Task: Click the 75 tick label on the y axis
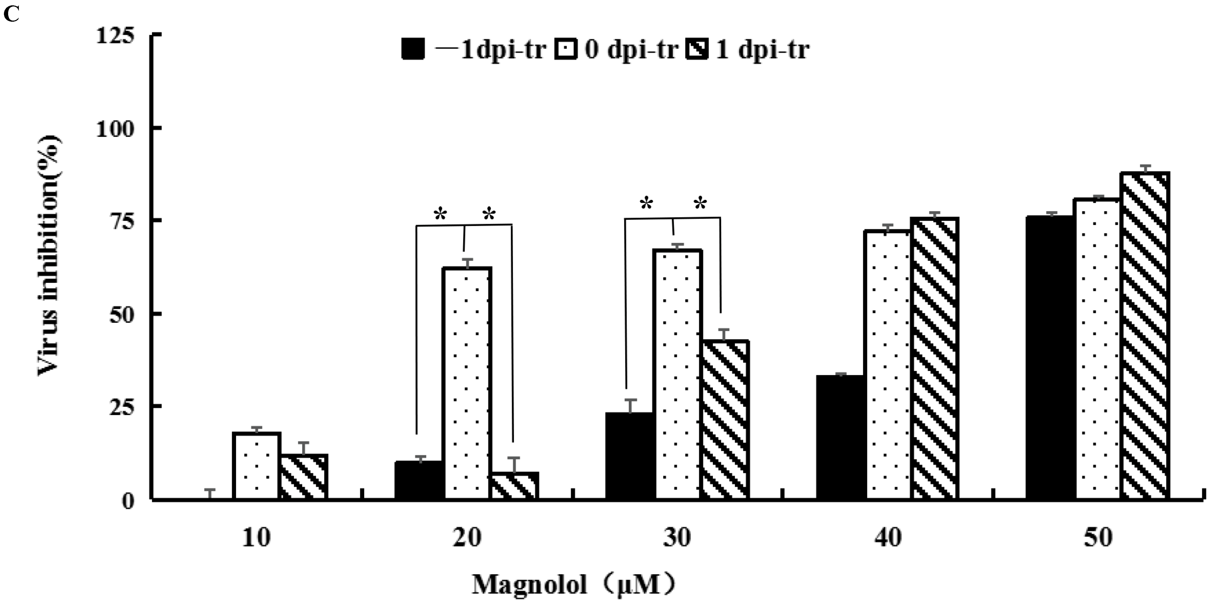coord(121,221)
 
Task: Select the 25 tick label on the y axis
coord(121,407)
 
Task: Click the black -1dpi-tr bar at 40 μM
coord(841,437)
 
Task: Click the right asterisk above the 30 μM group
coord(700,204)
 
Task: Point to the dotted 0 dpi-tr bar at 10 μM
coord(257,465)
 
